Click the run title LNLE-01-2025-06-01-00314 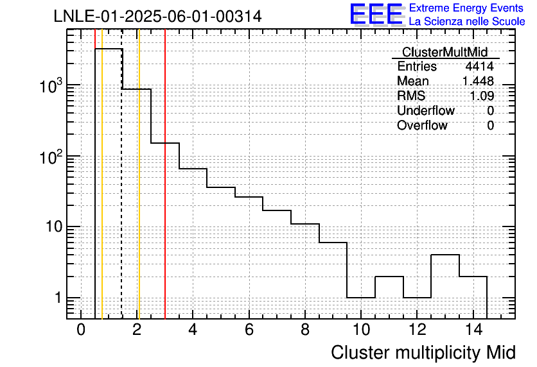157,17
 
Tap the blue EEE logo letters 377,14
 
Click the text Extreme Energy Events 466,8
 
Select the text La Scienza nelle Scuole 467,22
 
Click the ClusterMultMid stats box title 445,52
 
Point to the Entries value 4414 479,66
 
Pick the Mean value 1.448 478,81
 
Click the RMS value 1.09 482,96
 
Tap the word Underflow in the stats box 426,110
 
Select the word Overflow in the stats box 422,126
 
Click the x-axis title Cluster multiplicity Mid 423,353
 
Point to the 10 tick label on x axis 361,330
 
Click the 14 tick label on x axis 473,330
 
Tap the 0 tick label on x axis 81,330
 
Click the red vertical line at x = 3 165,174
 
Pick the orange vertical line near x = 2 139,174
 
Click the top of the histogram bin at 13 445,255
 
